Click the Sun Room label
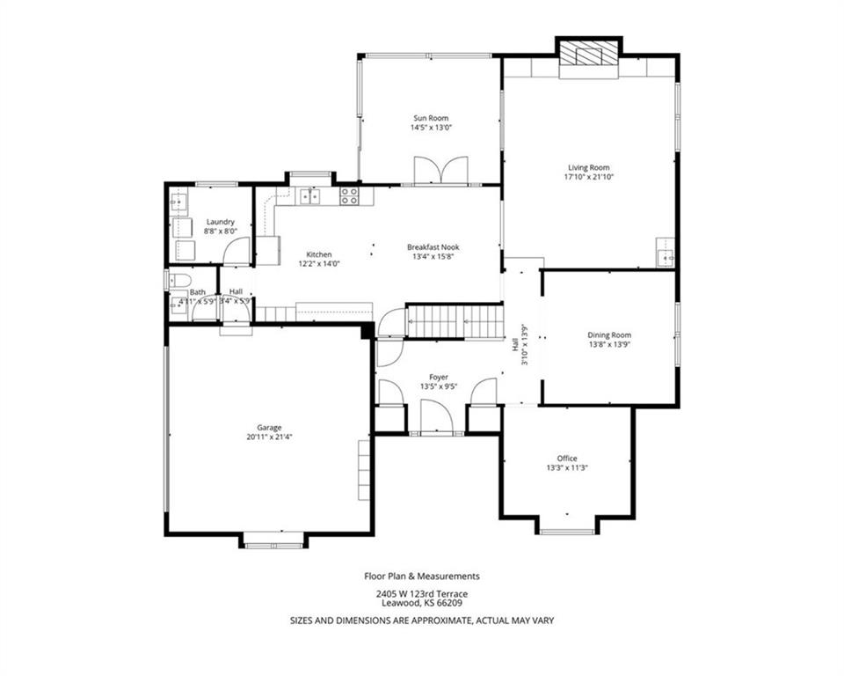coord(431,118)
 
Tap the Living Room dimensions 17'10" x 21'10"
coord(589,177)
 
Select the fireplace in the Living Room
coord(588,53)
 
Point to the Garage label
coord(269,428)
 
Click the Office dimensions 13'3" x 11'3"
coord(567,468)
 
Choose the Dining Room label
coord(609,334)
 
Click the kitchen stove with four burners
coord(349,195)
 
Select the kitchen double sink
coord(309,196)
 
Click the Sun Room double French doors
coord(440,170)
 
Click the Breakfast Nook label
coord(433,247)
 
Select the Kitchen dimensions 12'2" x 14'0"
coord(319,263)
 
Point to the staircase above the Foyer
coord(455,321)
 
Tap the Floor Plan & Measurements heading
coord(422,577)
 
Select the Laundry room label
coord(221,222)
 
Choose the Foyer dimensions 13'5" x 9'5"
coord(439,386)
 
